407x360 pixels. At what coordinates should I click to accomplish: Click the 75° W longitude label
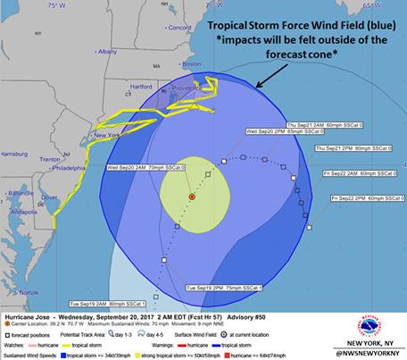point(60,5)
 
